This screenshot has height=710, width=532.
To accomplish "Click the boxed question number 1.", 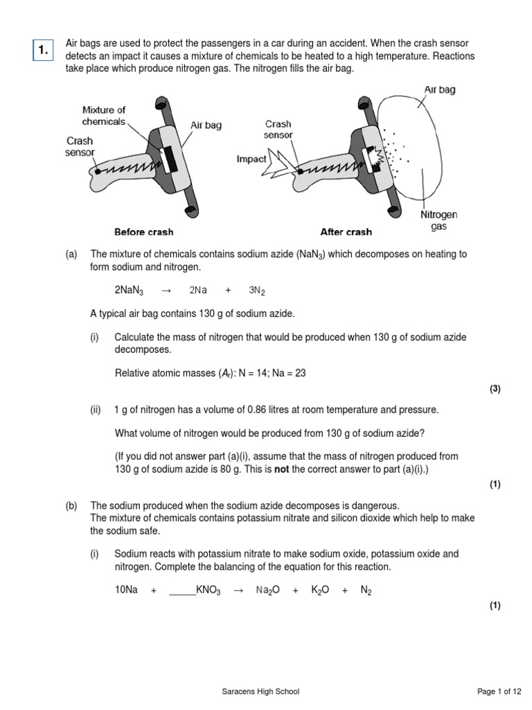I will pos(43,49).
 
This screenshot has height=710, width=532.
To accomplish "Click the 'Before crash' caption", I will pos(143,232).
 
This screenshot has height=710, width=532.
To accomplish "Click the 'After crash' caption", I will pos(346,232).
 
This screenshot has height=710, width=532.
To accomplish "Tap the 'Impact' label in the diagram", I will pos(251,159).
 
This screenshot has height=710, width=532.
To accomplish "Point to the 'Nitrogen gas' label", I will pos(438,221).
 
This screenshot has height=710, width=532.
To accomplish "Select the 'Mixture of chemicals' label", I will pos(104,116).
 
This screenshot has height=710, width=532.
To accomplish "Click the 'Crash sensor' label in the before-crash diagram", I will pos(80,147).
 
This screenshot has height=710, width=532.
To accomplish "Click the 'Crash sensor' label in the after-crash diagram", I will pos(278,130).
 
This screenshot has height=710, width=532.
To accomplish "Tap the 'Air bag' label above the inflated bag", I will pos(439,90).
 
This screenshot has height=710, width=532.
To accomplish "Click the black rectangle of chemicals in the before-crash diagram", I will pos(170,159).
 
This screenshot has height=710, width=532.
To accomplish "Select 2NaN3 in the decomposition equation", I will pos(129,291).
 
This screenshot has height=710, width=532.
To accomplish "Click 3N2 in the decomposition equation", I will pos(256,291).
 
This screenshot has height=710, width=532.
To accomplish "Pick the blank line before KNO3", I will pos(181,590).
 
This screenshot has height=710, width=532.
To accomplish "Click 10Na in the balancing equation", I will pos(126,590).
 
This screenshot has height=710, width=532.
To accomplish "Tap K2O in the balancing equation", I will pos(319,590).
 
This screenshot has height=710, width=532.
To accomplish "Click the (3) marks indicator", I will pos(495,389).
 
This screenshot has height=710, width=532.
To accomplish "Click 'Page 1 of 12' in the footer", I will pos(499,691).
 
